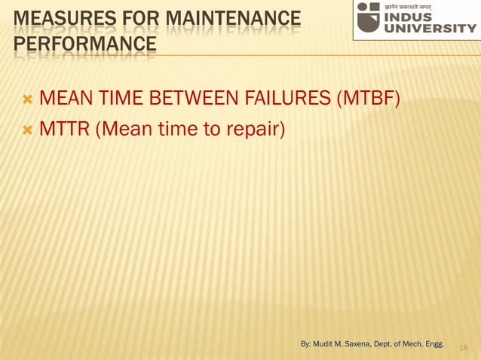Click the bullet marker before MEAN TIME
(x=28, y=99)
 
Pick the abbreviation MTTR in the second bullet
(x=64, y=130)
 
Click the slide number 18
(x=463, y=347)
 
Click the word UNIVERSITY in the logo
(x=430, y=29)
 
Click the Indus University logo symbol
(x=369, y=17)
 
